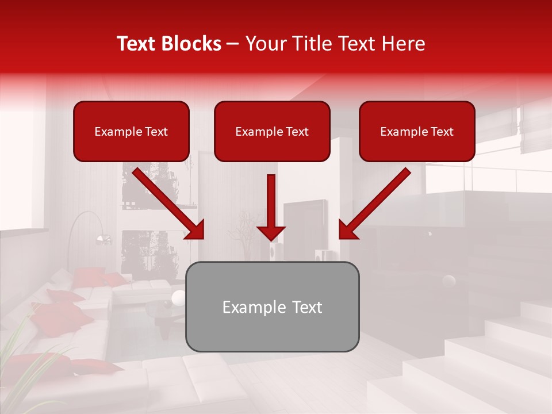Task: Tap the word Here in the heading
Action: pos(403,44)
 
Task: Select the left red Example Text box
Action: pos(131,132)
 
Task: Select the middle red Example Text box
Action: pos(272,132)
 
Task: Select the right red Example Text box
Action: pos(417,132)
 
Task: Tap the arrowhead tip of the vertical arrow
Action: pos(271,239)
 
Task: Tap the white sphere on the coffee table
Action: pos(179,297)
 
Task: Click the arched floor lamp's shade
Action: pos(103,238)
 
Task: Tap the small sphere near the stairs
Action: pos(448,281)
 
